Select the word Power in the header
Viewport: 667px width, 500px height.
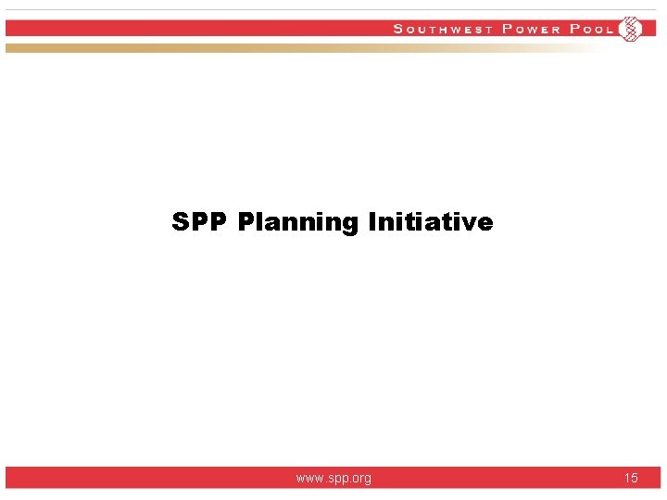[x=531, y=29]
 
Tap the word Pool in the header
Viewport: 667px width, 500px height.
[x=592, y=29]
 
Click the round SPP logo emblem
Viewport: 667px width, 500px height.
[x=630, y=29]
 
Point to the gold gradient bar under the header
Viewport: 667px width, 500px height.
[x=278, y=47]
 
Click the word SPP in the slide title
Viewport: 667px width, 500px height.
[x=200, y=222]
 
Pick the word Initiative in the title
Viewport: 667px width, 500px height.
[x=431, y=222]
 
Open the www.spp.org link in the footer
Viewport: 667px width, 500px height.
[x=333, y=478]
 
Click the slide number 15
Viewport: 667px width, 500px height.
[x=631, y=478]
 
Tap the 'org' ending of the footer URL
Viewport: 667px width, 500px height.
[x=361, y=479]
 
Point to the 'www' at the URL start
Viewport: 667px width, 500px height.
[x=309, y=479]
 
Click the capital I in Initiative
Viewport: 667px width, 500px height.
[x=372, y=222]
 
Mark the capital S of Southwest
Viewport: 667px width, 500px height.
[x=398, y=29]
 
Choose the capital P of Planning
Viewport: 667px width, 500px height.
[x=245, y=222]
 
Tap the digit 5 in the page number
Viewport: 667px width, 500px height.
[x=635, y=478]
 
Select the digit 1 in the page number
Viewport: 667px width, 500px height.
[x=627, y=478]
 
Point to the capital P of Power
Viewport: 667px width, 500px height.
[x=507, y=29]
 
